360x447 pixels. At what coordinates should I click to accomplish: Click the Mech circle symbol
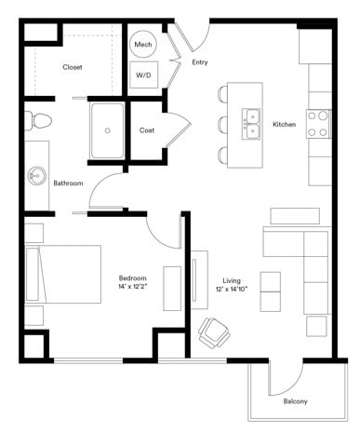143,45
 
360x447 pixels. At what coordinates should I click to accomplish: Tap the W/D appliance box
144,74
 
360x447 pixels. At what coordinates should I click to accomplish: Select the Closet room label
73,67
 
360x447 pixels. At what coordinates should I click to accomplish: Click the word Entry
200,62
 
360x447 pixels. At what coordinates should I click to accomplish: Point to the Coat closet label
147,130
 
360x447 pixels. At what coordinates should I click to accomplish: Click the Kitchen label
284,125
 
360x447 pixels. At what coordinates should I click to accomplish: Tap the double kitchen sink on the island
250,124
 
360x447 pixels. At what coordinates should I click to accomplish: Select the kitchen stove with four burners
318,124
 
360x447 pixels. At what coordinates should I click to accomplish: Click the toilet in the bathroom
40,120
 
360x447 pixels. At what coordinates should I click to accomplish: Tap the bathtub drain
108,131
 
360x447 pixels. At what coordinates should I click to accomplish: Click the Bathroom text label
68,183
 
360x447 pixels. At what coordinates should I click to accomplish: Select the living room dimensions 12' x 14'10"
232,290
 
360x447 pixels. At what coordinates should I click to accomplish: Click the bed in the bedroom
62,275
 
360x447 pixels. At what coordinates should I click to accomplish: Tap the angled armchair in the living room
214,330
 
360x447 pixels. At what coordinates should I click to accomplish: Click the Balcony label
295,401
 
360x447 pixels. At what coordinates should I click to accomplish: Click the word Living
232,279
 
